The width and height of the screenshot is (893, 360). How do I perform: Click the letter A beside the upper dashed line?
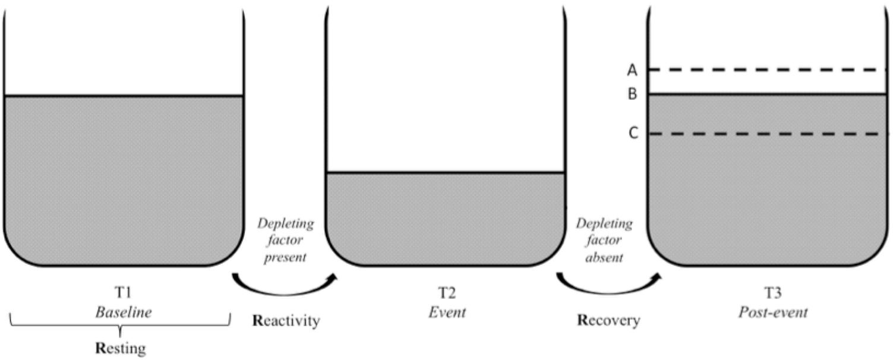tap(632, 70)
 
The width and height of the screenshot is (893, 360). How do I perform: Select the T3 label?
tap(773, 293)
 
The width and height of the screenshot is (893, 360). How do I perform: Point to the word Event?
tap(447, 312)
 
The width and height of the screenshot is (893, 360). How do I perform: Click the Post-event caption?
tap(773, 312)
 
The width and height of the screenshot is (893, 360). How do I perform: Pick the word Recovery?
tap(609, 321)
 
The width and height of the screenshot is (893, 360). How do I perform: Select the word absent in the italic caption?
tap(606, 258)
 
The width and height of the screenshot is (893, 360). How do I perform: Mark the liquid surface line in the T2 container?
tap(445, 173)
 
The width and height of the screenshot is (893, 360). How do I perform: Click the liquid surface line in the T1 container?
tap(124, 96)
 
